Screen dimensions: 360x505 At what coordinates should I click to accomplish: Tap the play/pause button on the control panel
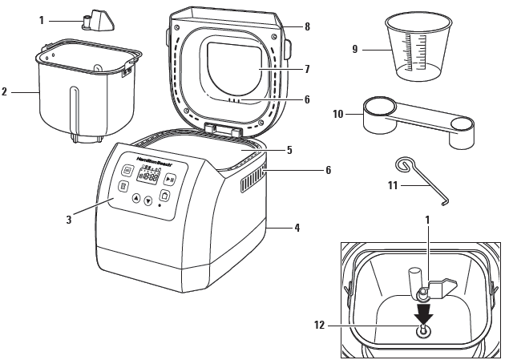pos(170,180)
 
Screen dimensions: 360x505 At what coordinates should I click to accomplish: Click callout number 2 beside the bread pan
pos(5,92)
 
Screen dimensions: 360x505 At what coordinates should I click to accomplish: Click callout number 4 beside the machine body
pos(297,228)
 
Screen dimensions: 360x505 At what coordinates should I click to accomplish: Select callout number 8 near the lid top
pos(306,26)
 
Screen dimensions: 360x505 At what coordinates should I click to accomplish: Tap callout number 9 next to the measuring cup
pos(355,49)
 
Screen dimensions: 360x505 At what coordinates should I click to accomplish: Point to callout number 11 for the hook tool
pos(394,186)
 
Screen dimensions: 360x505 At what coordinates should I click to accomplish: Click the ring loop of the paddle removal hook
pos(405,165)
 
